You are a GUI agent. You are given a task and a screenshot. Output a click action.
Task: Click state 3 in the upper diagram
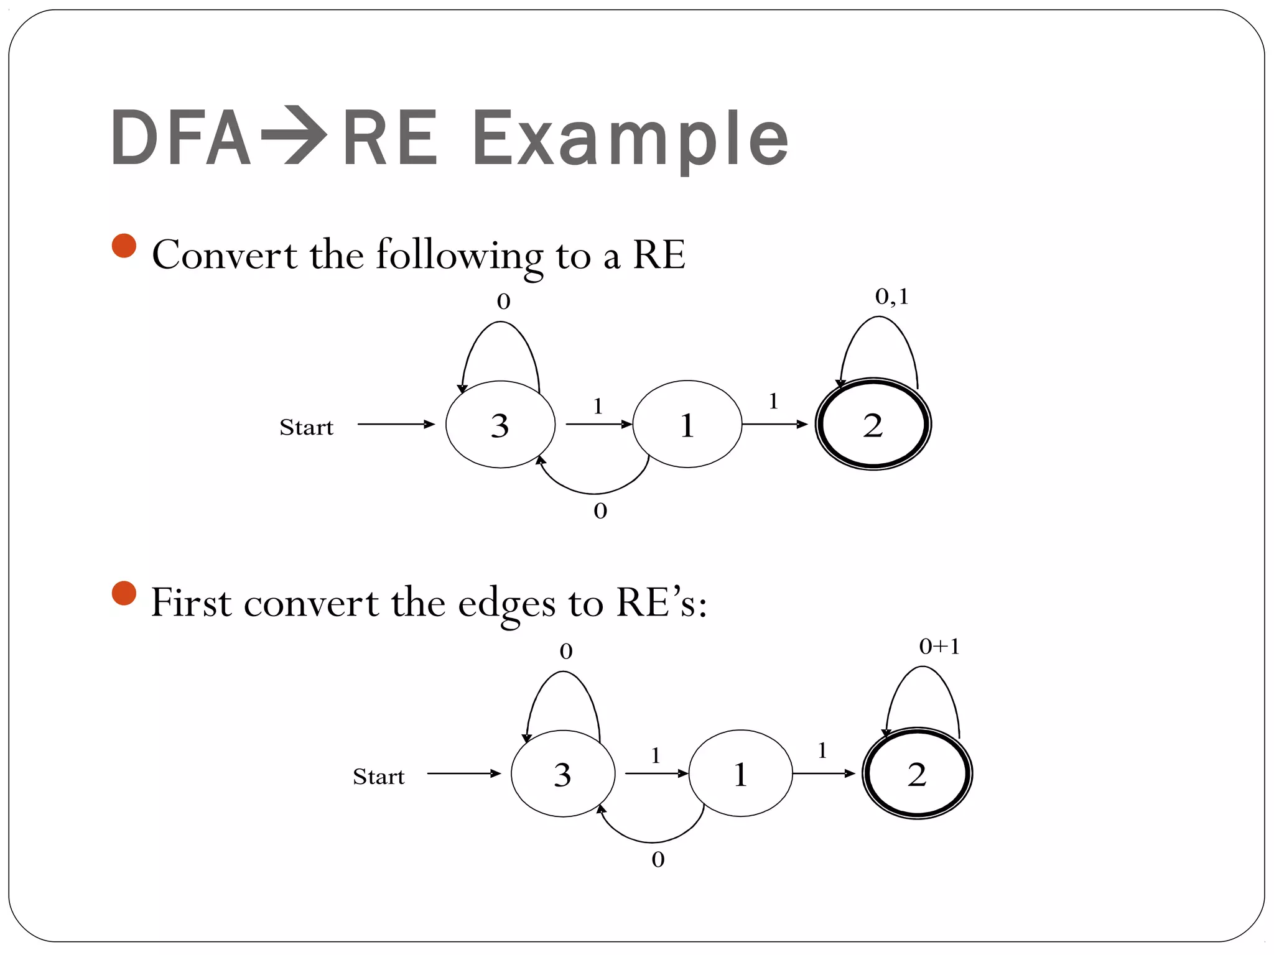coord(500,425)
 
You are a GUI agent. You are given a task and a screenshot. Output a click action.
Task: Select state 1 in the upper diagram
coord(687,425)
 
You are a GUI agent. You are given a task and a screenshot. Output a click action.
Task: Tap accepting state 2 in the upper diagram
coord(873,425)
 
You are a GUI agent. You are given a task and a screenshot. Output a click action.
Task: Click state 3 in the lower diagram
coord(562,773)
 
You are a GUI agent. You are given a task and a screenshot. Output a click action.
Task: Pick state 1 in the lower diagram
coord(740,773)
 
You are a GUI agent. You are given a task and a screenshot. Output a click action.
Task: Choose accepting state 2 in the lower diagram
coord(917,773)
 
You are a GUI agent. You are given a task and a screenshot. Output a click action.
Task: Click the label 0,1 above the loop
coord(891,297)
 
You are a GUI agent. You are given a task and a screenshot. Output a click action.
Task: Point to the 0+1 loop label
coord(939,647)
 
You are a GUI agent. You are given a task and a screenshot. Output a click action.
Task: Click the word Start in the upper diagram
coord(306,428)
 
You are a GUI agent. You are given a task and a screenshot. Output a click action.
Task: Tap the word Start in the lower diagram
coord(378,777)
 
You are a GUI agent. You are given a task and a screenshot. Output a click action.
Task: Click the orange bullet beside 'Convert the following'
coord(124,246)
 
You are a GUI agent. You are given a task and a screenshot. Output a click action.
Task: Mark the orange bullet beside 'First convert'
coord(124,593)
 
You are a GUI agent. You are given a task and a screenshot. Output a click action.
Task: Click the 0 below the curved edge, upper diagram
coord(600,511)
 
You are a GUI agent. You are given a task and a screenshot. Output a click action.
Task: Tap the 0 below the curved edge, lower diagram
coord(658,860)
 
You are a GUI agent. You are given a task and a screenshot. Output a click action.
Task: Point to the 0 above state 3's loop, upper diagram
coord(503,302)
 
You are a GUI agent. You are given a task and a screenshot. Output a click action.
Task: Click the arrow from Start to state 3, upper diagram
coord(396,424)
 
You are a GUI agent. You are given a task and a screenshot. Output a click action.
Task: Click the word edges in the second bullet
coord(506,603)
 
